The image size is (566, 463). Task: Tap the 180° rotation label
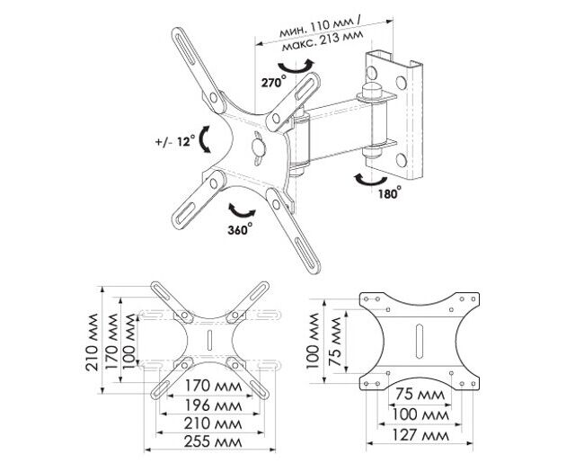pos(389,192)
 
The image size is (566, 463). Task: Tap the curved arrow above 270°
pos(297,67)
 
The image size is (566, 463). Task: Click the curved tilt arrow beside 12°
pos(206,139)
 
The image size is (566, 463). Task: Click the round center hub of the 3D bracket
pos(259,145)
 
